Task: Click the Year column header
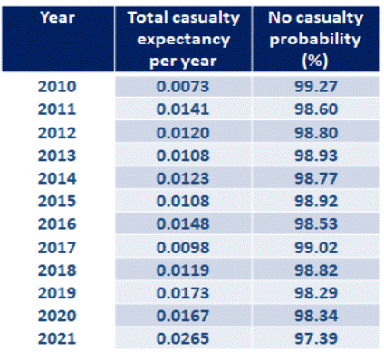tap(57, 17)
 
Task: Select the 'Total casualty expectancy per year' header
tap(184, 39)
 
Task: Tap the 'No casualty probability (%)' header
tap(315, 39)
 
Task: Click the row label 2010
tap(57, 87)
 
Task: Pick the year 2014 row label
tap(57, 178)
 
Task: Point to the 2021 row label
tap(57, 338)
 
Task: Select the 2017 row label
tap(57, 248)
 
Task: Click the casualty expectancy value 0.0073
tap(183, 87)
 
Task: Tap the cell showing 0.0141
tap(183, 109)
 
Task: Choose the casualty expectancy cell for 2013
tap(183, 156)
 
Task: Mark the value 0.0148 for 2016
tap(183, 223)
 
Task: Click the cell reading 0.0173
tap(183, 293)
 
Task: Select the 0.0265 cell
tap(183, 338)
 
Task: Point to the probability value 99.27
tap(316, 87)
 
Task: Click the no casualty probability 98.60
tap(316, 109)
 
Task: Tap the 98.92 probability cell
tap(316, 201)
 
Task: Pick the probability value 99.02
tap(316, 248)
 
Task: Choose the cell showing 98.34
tap(316, 316)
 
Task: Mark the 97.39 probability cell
tap(316, 338)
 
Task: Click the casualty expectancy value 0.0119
tap(183, 270)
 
